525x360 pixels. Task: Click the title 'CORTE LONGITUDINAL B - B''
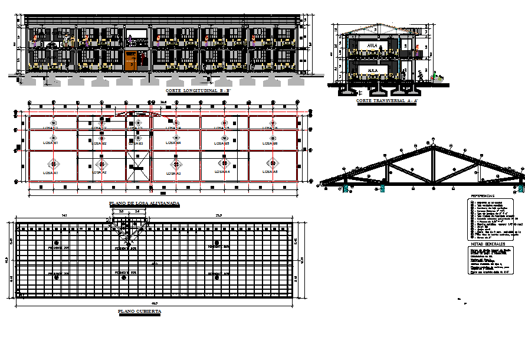click(198, 91)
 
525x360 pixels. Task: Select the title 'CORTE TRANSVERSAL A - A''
click(386, 102)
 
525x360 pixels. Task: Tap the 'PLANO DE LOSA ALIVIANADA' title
click(145, 203)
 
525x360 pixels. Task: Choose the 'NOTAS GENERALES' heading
click(487, 243)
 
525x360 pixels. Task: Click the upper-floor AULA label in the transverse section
click(372, 45)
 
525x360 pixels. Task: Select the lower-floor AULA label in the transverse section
click(372, 70)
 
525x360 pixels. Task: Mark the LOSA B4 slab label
click(174, 143)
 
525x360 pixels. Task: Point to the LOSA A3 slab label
click(174, 173)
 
